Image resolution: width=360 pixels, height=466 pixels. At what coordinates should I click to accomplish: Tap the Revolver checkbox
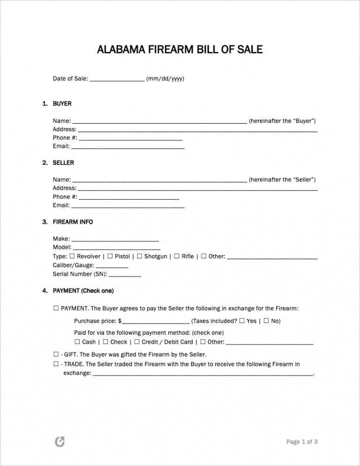coord(72,256)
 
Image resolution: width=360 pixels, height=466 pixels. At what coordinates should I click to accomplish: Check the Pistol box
coord(110,256)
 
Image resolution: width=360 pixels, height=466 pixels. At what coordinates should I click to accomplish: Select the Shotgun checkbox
coord(139,256)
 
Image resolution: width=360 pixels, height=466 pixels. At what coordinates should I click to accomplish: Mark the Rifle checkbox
coord(177,256)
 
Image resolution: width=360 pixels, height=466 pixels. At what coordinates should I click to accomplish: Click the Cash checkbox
coord(77,342)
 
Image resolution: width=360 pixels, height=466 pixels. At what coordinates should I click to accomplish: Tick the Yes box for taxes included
coord(242,321)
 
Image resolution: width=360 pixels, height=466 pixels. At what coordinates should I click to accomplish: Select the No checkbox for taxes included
coord(266,321)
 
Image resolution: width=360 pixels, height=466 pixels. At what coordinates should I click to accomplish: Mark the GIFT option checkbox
coord(56,354)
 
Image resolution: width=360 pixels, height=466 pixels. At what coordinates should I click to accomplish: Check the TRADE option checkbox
coord(56,364)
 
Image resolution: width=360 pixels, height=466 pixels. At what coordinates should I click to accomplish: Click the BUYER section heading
coord(62,104)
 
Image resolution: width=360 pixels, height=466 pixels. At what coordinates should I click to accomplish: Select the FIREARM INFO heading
coord(73,222)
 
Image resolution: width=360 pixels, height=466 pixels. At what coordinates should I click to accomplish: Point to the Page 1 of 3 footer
coord(302,441)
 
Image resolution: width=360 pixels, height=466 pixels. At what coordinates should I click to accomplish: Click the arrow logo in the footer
coord(60,442)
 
